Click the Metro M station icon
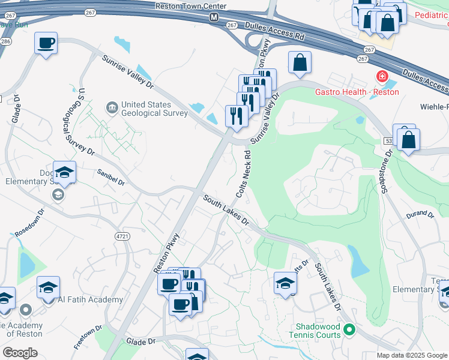tap(213, 17)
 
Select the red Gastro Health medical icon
tap(381, 77)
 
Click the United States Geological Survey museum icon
tap(112, 108)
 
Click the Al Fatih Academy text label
tap(91, 299)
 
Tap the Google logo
tap(20, 353)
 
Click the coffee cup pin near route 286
tap(46, 43)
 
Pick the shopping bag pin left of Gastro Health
tap(300, 62)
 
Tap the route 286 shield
tap(6, 41)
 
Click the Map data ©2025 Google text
tap(412, 355)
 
